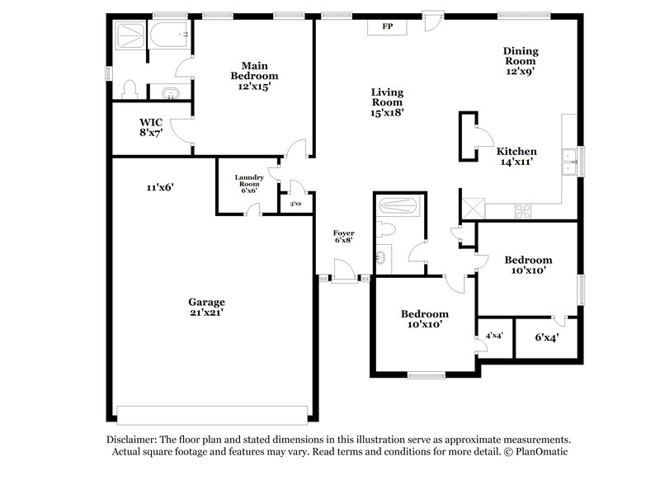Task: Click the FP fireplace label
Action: pyautogui.click(x=386, y=26)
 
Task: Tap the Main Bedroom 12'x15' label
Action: pyautogui.click(x=252, y=76)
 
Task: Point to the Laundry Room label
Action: pyautogui.click(x=247, y=183)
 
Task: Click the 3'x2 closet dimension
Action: pyautogui.click(x=295, y=203)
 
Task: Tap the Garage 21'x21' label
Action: pyautogui.click(x=205, y=307)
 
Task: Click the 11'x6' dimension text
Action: pyautogui.click(x=159, y=187)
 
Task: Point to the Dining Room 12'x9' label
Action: pyautogui.click(x=520, y=61)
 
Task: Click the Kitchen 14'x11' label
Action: pyautogui.click(x=516, y=157)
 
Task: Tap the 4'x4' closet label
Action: pyautogui.click(x=495, y=336)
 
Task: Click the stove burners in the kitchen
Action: pyautogui.click(x=524, y=211)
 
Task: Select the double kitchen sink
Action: pyautogui.click(x=568, y=162)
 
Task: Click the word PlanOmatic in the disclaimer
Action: pyautogui.click(x=540, y=452)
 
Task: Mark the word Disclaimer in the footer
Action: pyautogui.click(x=134, y=440)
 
